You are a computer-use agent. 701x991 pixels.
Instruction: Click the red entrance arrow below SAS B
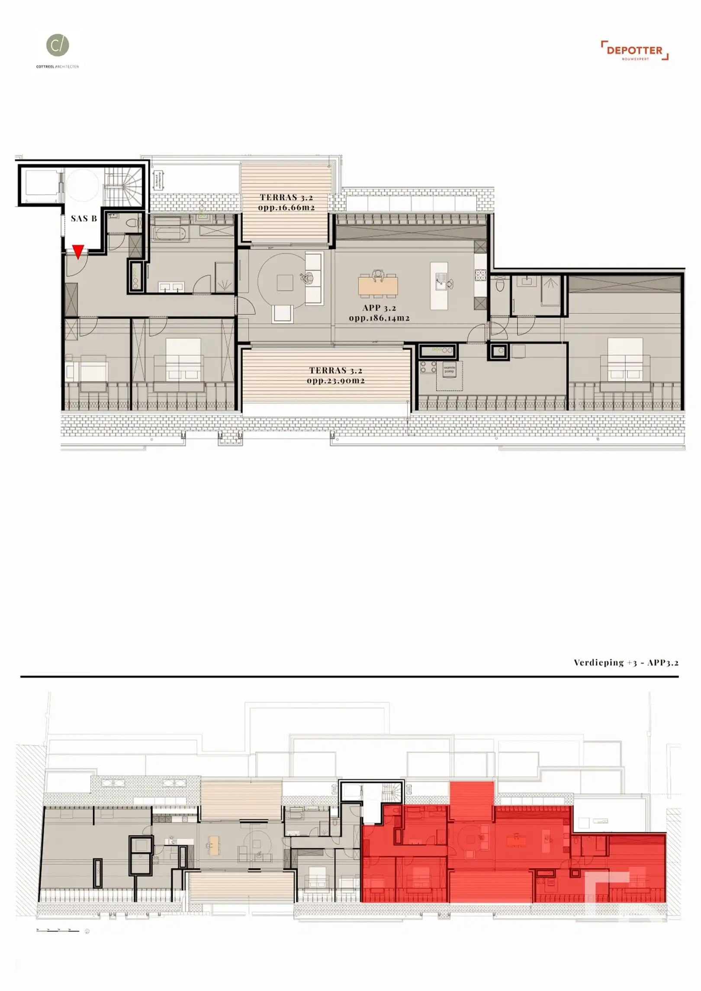(x=78, y=251)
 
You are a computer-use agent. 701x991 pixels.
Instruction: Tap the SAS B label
(x=84, y=219)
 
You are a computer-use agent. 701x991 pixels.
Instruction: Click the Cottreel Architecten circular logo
(x=58, y=45)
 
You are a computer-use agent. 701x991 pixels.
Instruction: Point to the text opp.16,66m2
(x=286, y=208)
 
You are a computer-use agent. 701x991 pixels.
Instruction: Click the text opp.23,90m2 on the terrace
(x=335, y=381)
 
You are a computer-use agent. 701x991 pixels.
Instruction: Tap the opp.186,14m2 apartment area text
(x=379, y=318)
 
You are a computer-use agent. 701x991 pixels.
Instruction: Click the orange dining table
(x=378, y=286)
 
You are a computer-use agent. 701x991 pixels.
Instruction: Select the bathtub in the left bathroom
(x=171, y=234)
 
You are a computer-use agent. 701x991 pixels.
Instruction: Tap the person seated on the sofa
(x=308, y=278)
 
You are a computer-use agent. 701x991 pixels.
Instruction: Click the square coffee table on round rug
(x=285, y=283)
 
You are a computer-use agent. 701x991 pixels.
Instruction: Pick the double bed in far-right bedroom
(x=625, y=360)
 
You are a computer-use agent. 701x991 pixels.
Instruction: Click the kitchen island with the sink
(x=439, y=286)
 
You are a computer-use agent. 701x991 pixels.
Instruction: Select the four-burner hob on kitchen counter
(x=480, y=275)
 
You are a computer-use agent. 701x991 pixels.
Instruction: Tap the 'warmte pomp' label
(x=449, y=370)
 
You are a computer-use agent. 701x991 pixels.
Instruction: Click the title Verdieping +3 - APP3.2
(x=626, y=663)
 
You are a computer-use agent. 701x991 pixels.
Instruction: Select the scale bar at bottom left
(x=58, y=930)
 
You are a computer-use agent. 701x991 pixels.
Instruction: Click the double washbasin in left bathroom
(x=171, y=286)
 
